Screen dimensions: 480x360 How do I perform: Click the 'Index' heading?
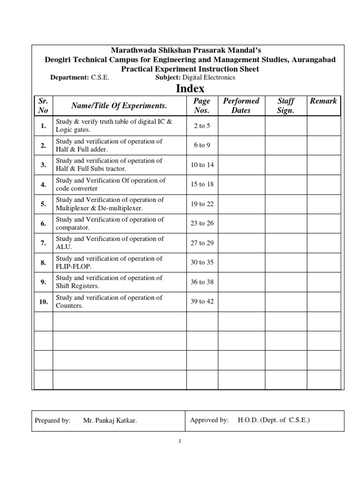tap(190, 89)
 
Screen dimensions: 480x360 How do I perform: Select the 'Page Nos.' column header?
tap(202, 105)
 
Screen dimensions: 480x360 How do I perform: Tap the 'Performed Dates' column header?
tap(241, 105)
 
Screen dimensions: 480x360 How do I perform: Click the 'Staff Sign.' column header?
tap(286, 105)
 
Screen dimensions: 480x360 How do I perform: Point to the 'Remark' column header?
tap(323, 101)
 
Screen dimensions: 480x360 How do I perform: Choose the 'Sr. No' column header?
tap(43, 105)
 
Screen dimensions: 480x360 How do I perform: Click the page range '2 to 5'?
tap(202, 126)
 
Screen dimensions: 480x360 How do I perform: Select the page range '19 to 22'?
tap(202, 204)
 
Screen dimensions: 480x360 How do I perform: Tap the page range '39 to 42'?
tap(202, 301)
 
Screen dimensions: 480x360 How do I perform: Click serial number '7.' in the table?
tap(43, 243)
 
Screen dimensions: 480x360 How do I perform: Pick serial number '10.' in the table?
tap(43, 302)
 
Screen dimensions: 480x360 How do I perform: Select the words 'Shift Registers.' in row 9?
tap(78, 286)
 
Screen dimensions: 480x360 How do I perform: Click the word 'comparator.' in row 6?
tap(72, 227)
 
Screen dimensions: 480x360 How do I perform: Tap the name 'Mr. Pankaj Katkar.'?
tap(110, 421)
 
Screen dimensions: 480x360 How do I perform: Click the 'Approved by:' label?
tap(209, 420)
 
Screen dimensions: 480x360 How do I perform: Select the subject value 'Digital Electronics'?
tap(209, 77)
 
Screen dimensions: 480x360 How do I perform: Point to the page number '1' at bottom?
tap(179, 441)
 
